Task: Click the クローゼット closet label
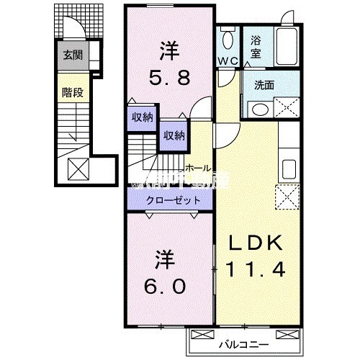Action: click(170, 199)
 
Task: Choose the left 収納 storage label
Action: click(142, 117)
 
